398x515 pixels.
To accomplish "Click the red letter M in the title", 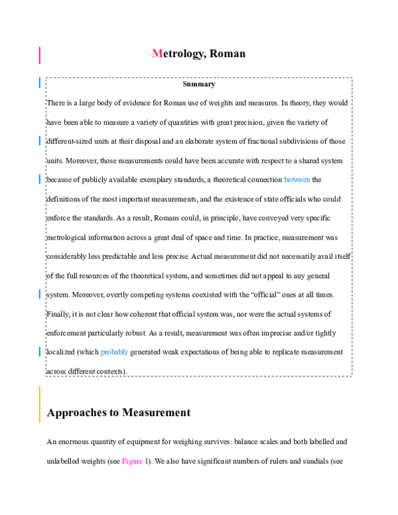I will (157, 54).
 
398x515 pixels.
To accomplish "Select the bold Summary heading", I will (199, 84).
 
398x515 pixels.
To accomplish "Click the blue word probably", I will (114, 352).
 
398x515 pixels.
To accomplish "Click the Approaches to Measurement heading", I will (119, 413).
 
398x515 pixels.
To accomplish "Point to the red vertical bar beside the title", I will (40, 54).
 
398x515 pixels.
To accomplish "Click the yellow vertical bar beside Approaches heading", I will (40, 405).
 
